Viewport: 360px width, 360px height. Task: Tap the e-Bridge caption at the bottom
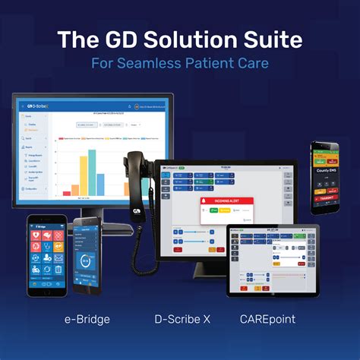coord(87,319)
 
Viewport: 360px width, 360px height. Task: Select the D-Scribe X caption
coord(180,319)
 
